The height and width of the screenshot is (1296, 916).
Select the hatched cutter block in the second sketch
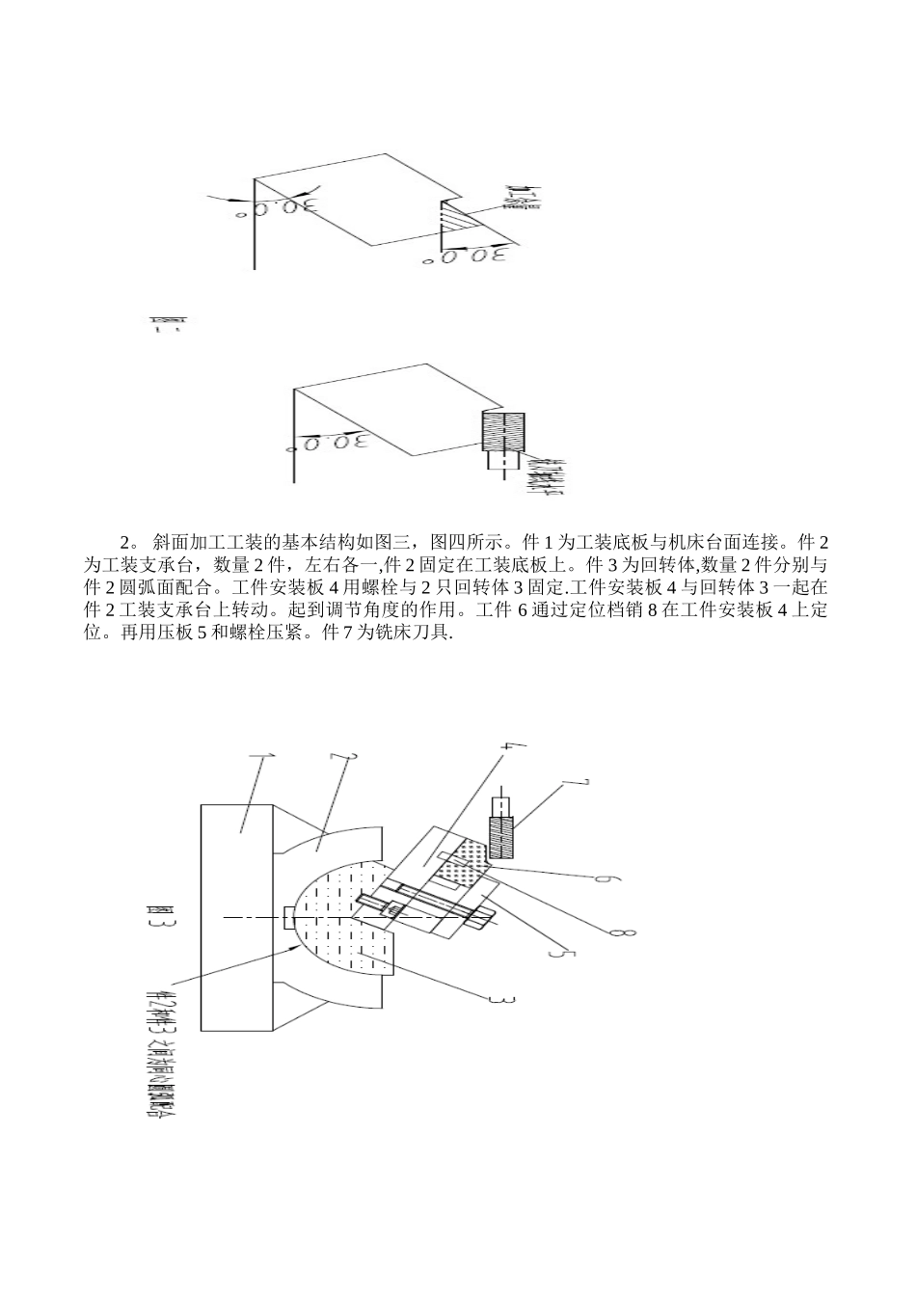503,431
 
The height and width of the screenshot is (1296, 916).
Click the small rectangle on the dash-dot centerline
289,918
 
